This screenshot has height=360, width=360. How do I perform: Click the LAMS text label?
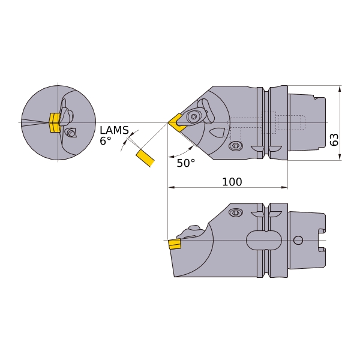coord(114,130)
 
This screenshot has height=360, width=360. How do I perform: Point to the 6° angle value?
coord(106,142)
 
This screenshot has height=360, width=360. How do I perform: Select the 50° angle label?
coord(185,163)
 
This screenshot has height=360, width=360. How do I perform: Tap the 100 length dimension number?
coord(232,182)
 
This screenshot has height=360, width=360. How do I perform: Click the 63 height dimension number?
coord(334,140)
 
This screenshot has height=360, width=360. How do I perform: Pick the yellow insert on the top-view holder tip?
coord(178,122)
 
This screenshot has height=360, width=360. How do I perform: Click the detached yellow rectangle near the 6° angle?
coord(145,158)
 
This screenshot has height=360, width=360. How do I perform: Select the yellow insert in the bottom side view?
coord(175,244)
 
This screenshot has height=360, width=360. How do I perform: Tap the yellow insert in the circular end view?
coord(54,122)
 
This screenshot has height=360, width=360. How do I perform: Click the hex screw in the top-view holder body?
coord(236,146)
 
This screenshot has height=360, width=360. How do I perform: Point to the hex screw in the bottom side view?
coord(236,212)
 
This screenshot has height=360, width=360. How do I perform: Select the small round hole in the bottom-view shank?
coord(298,241)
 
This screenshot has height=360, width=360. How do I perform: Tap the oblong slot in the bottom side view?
coord(264,241)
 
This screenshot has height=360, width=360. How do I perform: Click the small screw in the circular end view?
coord(71,133)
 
